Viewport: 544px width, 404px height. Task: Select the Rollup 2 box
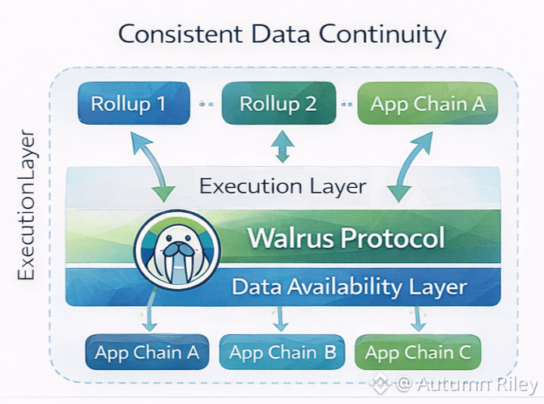tap(278, 104)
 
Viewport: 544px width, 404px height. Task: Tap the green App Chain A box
tap(429, 104)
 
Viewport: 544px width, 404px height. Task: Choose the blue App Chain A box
tap(147, 353)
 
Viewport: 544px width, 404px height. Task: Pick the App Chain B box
tap(282, 353)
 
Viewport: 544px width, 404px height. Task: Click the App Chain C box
tap(418, 353)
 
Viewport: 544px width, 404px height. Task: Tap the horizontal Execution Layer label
tap(283, 186)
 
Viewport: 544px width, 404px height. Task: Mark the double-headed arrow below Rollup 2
tap(282, 147)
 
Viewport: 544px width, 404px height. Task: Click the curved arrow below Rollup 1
tap(150, 167)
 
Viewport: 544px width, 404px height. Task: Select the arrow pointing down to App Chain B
tap(280, 319)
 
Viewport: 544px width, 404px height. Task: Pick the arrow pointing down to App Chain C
tap(418, 319)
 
